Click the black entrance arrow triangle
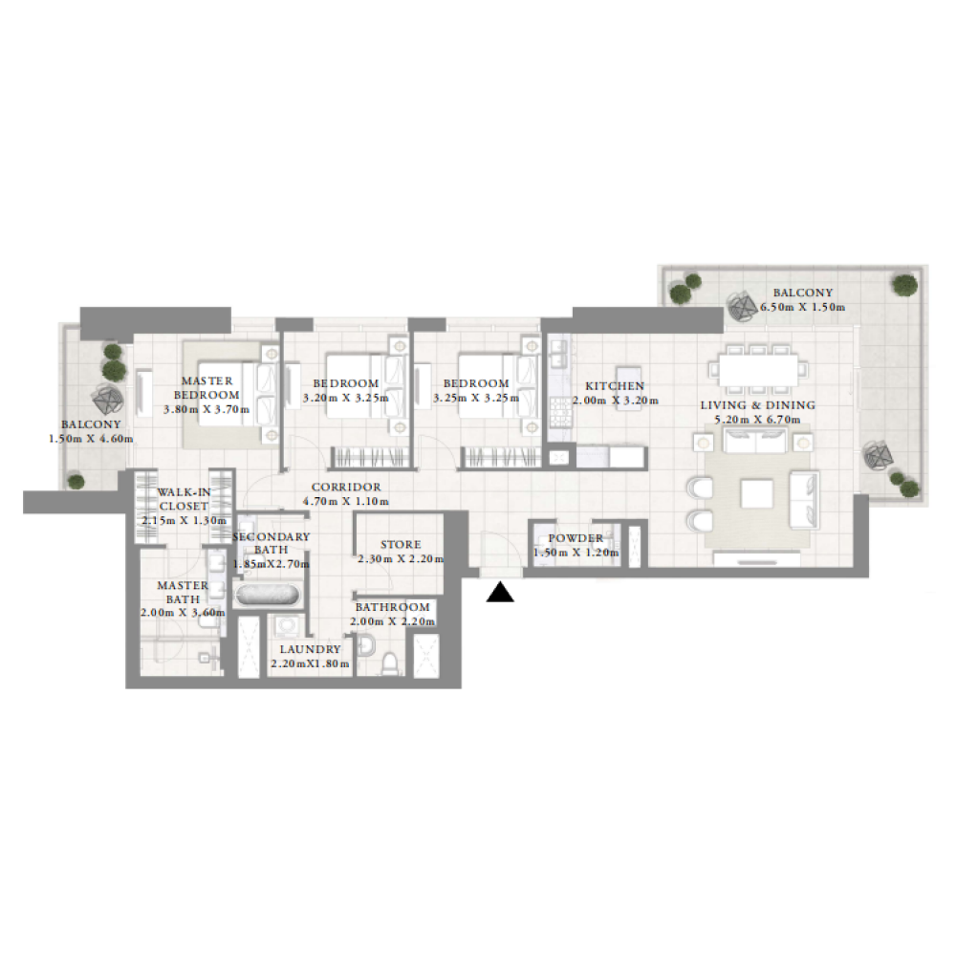click(x=500, y=592)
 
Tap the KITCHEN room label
click(x=615, y=386)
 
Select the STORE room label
click(x=401, y=545)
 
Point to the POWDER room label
click(x=576, y=537)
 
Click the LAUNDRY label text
click(x=311, y=649)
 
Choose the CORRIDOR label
click(x=346, y=488)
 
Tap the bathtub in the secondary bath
click(x=267, y=595)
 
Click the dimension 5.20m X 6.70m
click(x=757, y=420)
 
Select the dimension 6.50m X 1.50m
click(x=802, y=307)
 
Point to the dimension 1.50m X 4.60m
click(x=91, y=439)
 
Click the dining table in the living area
click(x=758, y=369)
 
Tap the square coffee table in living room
click(x=756, y=493)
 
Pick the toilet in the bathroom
click(x=390, y=664)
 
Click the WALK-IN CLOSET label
click(x=184, y=499)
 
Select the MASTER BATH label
click(x=183, y=592)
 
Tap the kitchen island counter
click(x=628, y=388)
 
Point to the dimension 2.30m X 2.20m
click(x=401, y=559)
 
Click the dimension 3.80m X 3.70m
click(x=206, y=410)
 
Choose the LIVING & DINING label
click(x=757, y=404)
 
